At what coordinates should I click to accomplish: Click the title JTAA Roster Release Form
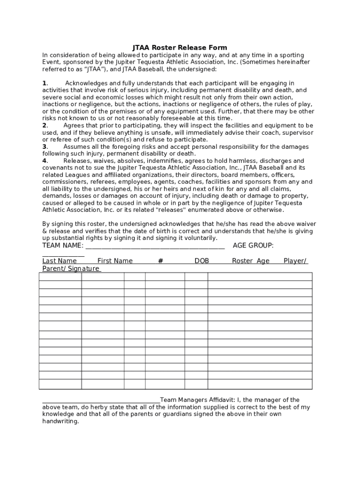coord(180,47)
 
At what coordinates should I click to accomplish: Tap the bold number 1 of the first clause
coord(44,83)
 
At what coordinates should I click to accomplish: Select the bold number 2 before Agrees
coord(44,125)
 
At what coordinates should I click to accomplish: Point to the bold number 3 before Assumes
coord(44,146)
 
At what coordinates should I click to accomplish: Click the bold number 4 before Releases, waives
coord(44,160)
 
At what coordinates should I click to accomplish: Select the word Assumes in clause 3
coord(77,146)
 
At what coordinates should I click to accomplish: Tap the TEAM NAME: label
coord(63,246)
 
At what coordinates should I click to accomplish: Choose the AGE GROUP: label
coord(253,246)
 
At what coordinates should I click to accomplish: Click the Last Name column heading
coord(59,261)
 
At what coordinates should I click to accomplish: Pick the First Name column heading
coord(115,261)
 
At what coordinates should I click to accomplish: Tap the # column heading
coord(160,261)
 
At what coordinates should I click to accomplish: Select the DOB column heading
coord(202,261)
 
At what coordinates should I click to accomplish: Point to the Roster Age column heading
coord(251,261)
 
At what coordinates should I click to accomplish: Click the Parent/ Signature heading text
coord(71,269)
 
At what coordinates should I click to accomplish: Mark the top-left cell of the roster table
coord(60,276)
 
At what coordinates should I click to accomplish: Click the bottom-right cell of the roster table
coord(259,384)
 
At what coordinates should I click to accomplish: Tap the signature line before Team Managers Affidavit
coord(101,400)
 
